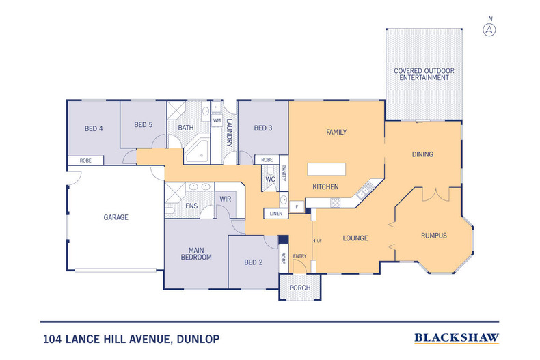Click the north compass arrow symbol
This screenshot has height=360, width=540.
tap(489, 30)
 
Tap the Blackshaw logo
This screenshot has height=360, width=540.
tap(457, 338)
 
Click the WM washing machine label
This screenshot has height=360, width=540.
tap(217, 120)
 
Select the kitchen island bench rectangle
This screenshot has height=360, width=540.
tap(327, 169)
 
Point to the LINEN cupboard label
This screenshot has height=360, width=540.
tap(276, 214)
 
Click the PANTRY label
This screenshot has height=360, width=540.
tap(284, 173)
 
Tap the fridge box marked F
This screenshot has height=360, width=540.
tap(297, 207)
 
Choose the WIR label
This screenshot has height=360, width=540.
tap(226, 199)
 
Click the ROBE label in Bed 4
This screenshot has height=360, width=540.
tap(85, 161)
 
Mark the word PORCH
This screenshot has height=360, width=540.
tap(299, 288)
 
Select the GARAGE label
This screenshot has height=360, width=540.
tap(116, 217)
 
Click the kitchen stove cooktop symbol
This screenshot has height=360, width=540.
tap(335, 203)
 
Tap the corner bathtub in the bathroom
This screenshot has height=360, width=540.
tap(197, 151)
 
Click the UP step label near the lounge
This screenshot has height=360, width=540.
tap(319, 240)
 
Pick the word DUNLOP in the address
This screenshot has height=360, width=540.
tap(198, 339)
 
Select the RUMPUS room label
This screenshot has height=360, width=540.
tap(434, 236)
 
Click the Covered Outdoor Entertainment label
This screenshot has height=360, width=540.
tap(424, 74)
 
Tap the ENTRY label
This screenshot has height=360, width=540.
tap(299, 256)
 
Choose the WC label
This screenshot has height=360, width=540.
tap(271, 179)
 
